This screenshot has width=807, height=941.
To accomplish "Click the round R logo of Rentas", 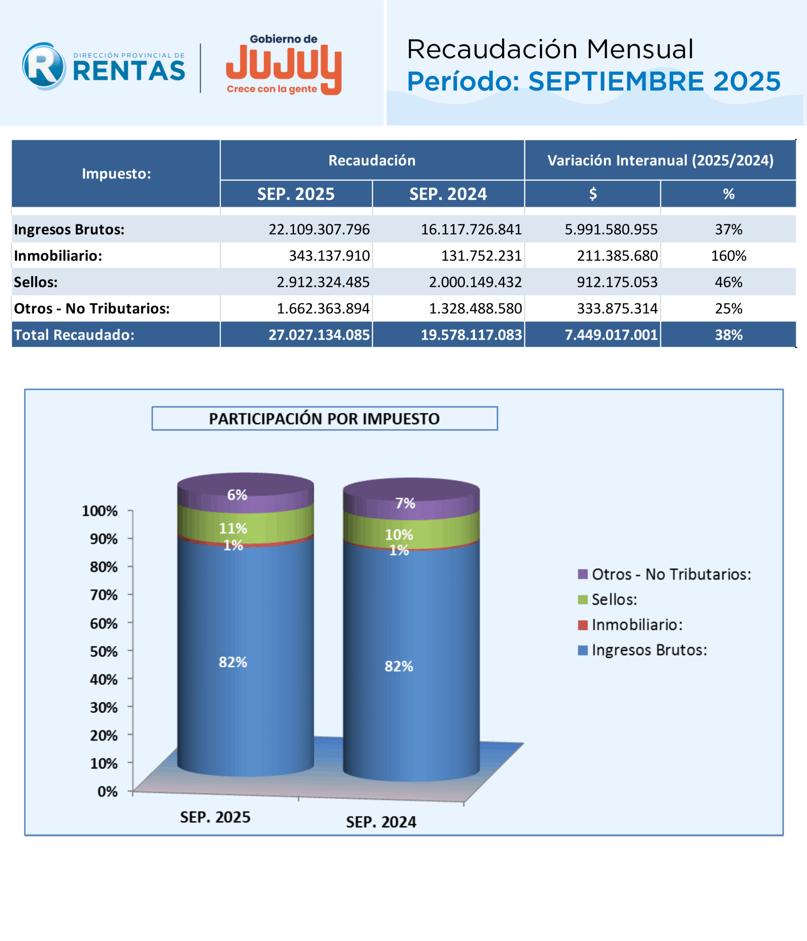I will [x=44, y=66].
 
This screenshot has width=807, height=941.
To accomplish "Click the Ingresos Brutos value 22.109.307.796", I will [x=319, y=229].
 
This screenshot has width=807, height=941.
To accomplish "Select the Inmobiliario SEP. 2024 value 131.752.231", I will [x=481, y=256].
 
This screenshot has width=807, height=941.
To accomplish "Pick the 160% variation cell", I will [x=728, y=256].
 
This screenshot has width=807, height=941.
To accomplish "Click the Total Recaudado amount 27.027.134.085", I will [x=319, y=335].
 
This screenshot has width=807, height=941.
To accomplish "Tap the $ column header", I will [x=592, y=194].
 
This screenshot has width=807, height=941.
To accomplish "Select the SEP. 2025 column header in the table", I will [x=296, y=194].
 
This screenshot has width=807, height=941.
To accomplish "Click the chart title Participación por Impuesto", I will [x=324, y=418].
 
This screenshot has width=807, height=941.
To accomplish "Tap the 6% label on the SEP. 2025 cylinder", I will [x=237, y=494].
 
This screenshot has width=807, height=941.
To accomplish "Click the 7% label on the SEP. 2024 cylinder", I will [x=405, y=503].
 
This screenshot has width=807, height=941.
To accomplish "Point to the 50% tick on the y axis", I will [x=104, y=652].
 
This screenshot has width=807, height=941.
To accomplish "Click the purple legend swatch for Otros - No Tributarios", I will [x=583, y=574].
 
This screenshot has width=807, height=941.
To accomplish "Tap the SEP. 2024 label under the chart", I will [x=381, y=822].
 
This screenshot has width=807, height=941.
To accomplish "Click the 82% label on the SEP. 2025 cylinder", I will [x=233, y=662].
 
